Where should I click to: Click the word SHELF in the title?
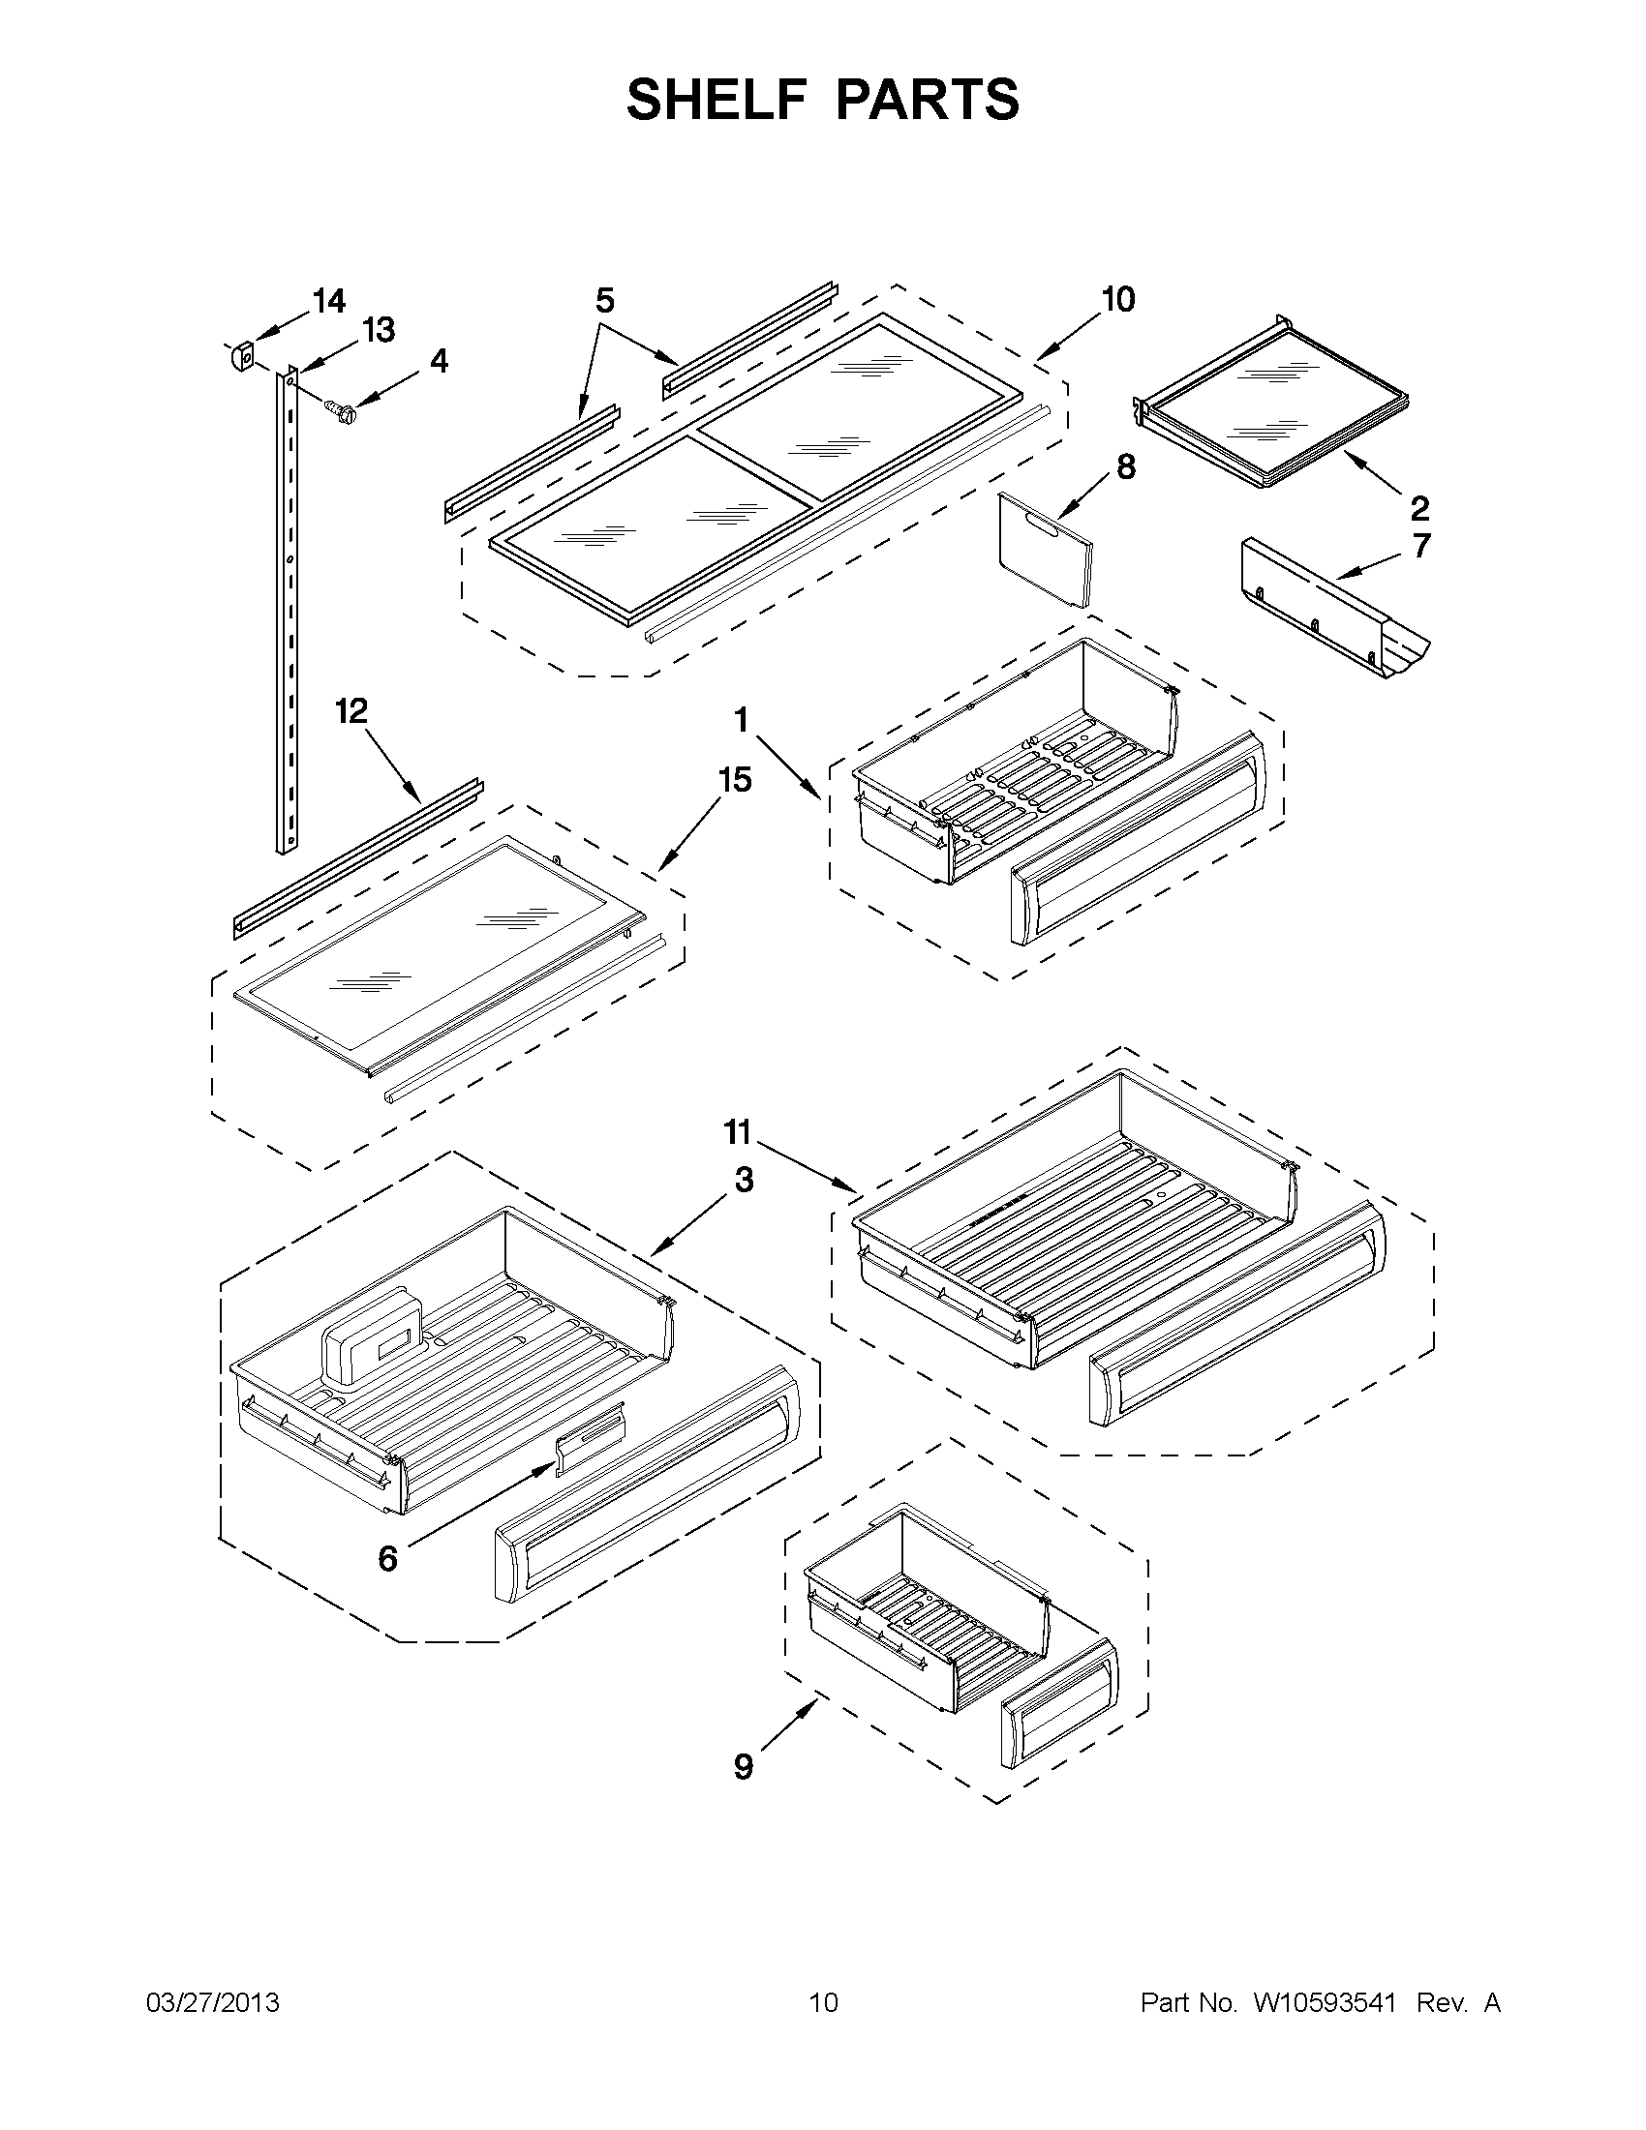click(x=710, y=100)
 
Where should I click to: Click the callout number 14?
click(x=329, y=301)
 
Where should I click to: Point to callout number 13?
click(x=379, y=331)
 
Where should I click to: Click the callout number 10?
click(x=1117, y=298)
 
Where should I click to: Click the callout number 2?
click(x=1419, y=507)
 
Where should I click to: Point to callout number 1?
click(x=742, y=721)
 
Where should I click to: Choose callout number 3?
click(x=744, y=1180)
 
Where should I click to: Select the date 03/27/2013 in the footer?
click(x=212, y=2003)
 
